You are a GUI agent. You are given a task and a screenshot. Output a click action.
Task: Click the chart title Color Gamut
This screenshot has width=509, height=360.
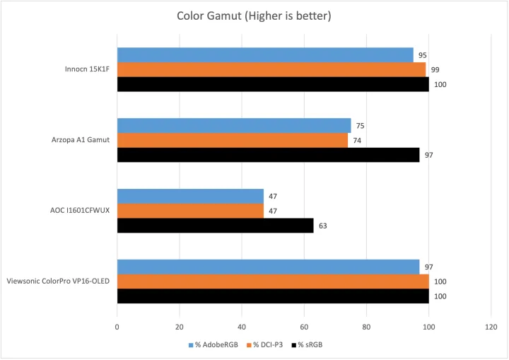(x=255, y=16)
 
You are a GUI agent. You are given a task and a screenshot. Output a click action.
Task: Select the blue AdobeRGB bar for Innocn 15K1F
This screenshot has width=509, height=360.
(x=265, y=54)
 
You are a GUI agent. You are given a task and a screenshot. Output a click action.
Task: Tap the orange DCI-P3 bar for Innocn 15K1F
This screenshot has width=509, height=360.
(x=271, y=69)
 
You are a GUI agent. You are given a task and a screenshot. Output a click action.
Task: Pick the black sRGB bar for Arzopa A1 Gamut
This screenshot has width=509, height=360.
(x=268, y=155)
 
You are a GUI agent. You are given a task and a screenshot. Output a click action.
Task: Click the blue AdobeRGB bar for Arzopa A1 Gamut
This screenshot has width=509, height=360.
(x=234, y=126)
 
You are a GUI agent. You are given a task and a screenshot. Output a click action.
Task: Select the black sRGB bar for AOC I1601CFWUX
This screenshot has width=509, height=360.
(x=215, y=226)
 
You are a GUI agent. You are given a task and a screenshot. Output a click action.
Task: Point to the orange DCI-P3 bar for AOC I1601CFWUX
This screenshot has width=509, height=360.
(x=190, y=211)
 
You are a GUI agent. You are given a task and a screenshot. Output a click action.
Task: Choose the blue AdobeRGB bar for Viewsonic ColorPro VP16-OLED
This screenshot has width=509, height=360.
(x=268, y=267)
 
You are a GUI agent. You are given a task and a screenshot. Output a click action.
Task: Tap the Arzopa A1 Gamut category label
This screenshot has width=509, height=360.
(x=81, y=140)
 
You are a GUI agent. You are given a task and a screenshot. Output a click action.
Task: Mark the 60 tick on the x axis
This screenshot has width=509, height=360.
(x=304, y=327)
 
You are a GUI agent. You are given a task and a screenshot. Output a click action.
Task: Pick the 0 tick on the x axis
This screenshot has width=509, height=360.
(x=117, y=327)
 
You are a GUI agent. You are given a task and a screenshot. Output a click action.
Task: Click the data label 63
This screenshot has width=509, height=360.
(x=322, y=226)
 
